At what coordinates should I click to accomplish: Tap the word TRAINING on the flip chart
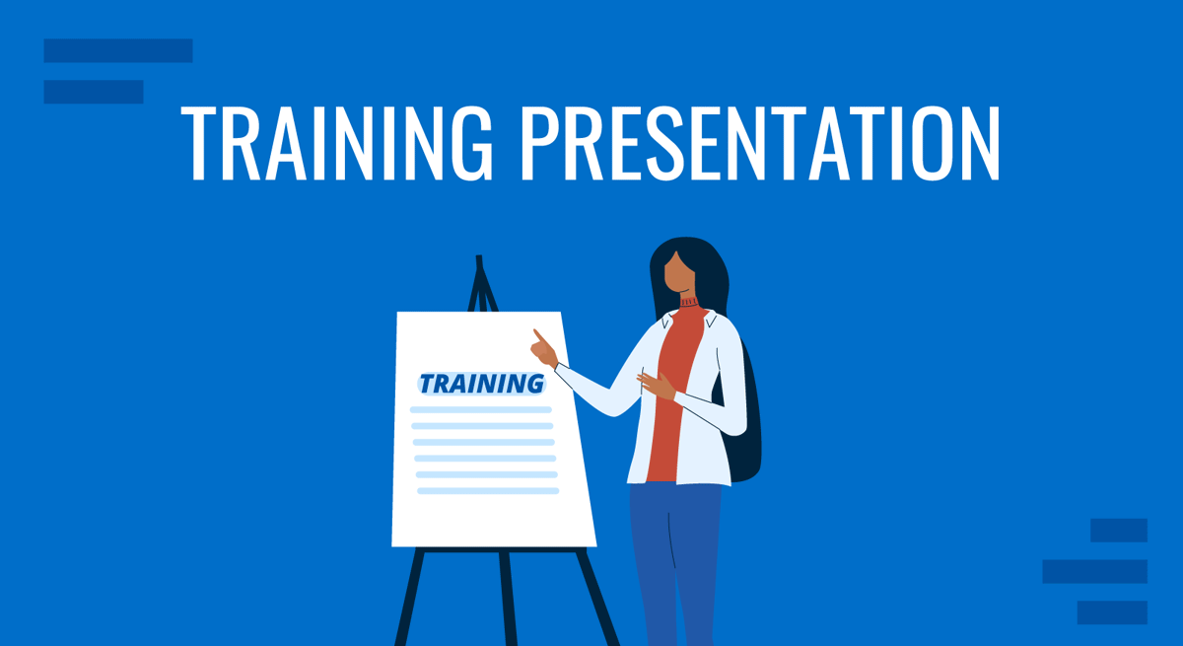click(481, 384)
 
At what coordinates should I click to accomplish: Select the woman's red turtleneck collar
click(687, 302)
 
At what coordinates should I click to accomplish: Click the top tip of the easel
click(479, 260)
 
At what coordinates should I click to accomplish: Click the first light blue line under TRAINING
click(480, 409)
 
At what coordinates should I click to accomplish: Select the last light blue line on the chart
click(487, 490)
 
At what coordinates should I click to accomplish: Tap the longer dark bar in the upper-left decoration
click(118, 50)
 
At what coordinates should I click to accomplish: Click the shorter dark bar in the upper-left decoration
click(94, 92)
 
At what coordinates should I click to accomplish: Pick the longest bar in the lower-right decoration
click(1094, 571)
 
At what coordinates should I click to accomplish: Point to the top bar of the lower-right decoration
click(1118, 530)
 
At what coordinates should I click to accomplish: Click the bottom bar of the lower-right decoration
click(1111, 612)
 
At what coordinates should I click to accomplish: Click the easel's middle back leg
click(506, 592)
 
